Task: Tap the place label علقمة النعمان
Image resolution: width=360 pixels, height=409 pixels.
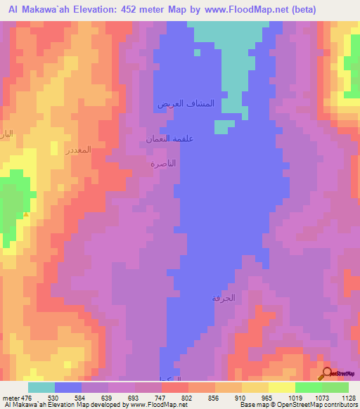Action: click(169, 138)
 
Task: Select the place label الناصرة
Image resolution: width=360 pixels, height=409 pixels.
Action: click(163, 163)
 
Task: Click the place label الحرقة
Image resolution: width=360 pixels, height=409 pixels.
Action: click(223, 298)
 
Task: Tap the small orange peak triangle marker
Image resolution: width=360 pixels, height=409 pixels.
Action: click(26, 214)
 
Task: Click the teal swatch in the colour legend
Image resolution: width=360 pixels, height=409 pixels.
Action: click(41, 387)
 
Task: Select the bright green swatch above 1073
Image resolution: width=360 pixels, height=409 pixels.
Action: click(309, 387)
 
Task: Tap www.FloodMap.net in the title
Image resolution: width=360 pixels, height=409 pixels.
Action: click(247, 10)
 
